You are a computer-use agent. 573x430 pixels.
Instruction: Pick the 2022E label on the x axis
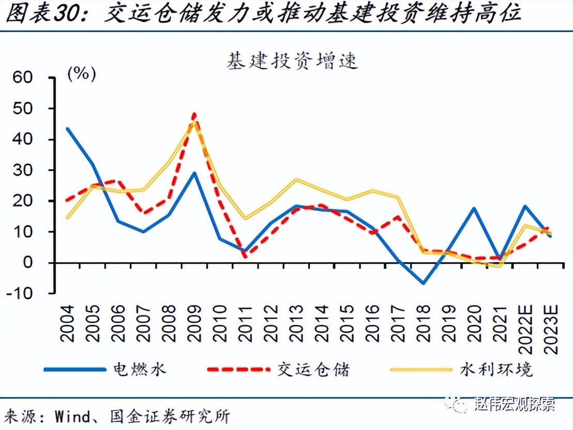click(x=525, y=327)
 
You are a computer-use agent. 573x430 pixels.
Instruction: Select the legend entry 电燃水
click(x=140, y=369)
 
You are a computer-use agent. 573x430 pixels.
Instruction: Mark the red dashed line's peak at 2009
click(x=194, y=113)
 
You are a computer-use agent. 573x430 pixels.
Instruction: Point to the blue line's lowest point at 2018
click(x=424, y=283)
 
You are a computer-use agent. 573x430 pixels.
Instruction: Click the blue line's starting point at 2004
click(x=68, y=128)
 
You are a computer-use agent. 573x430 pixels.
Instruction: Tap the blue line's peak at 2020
click(x=474, y=208)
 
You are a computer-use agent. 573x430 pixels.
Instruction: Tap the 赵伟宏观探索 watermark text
click(x=514, y=405)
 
